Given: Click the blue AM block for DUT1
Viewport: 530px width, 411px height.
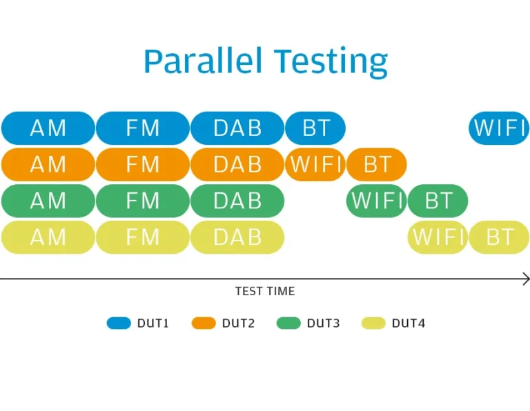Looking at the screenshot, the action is click(x=48, y=128).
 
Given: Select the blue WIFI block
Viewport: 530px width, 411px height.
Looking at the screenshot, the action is click(x=499, y=128).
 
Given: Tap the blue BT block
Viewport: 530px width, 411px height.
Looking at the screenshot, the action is click(x=315, y=128).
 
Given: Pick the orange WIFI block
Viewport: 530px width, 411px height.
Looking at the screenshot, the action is click(x=315, y=164).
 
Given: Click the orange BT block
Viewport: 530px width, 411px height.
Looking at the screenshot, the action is click(x=377, y=164).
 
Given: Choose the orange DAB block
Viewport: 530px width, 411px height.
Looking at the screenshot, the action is click(x=237, y=164).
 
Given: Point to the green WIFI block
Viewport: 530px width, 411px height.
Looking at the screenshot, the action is click(x=377, y=201).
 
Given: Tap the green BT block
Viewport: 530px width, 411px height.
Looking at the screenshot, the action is click(x=438, y=201).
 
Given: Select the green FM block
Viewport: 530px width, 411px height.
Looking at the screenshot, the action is click(x=143, y=201).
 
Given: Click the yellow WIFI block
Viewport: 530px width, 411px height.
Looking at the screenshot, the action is click(x=438, y=237).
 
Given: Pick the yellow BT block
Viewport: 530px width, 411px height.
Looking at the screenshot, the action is click(x=499, y=237).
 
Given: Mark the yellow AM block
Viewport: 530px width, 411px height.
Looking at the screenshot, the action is click(x=48, y=237).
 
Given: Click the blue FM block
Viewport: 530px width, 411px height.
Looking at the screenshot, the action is click(x=143, y=128).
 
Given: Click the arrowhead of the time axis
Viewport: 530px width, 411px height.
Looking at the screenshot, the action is click(x=527, y=279).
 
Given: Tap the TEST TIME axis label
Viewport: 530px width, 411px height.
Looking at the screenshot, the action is click(x=265, y=291).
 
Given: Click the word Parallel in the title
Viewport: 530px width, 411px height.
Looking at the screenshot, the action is click(x=203, y=61).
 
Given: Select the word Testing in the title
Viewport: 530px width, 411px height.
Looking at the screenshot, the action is click(x=331, y=63).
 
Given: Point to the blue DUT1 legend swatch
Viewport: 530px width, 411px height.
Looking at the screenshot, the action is click(x=119, y=323).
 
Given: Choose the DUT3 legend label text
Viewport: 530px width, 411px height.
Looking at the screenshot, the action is click(x=323, y=323).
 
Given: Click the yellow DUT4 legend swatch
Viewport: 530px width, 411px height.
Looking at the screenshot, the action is click(x=373, y=323).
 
